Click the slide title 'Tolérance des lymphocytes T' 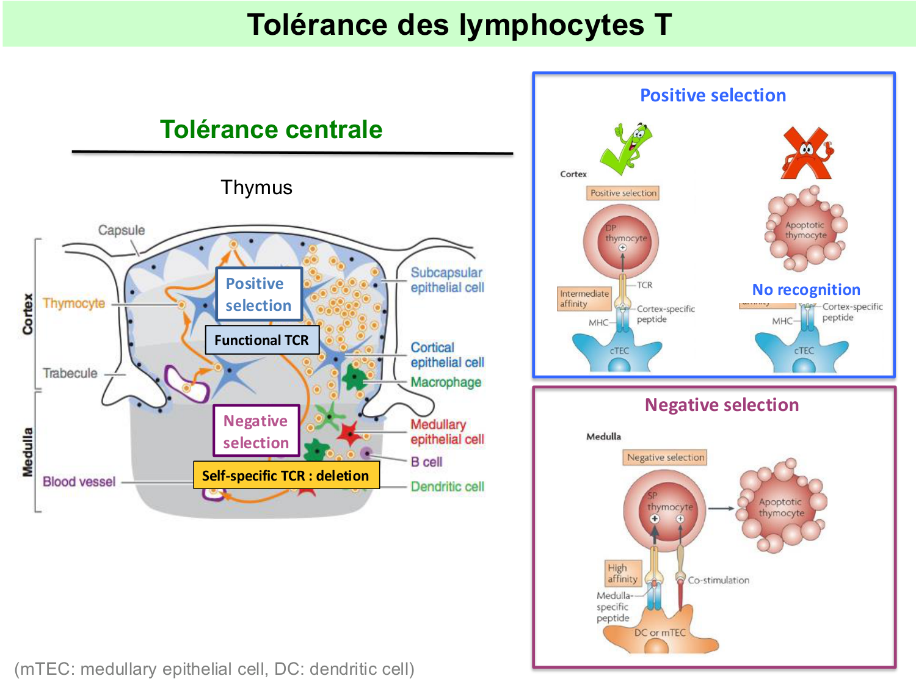tap(459, 25)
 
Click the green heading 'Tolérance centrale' tap(271, 129)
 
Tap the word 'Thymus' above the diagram tap(256, 187)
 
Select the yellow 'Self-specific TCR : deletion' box tap(286, 476)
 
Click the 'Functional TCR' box tap(262, 340)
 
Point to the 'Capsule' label tap(122, 230)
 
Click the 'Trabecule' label tap(70, 373)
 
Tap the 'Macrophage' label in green tap(446, 382)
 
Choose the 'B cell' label tap(426, 462)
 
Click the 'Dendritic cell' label tap(447, 487)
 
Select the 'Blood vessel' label tap(79, 482)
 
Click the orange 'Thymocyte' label tap(74, 304)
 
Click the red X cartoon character tap(807, 153)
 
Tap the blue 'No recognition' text tap(806, 289)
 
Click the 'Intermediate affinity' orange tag tap(584, 299)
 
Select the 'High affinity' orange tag tap(623, 573)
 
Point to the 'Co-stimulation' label tap(718, 580)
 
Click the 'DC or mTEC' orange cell tap(660, 633)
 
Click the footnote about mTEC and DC tap(214, 669)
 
